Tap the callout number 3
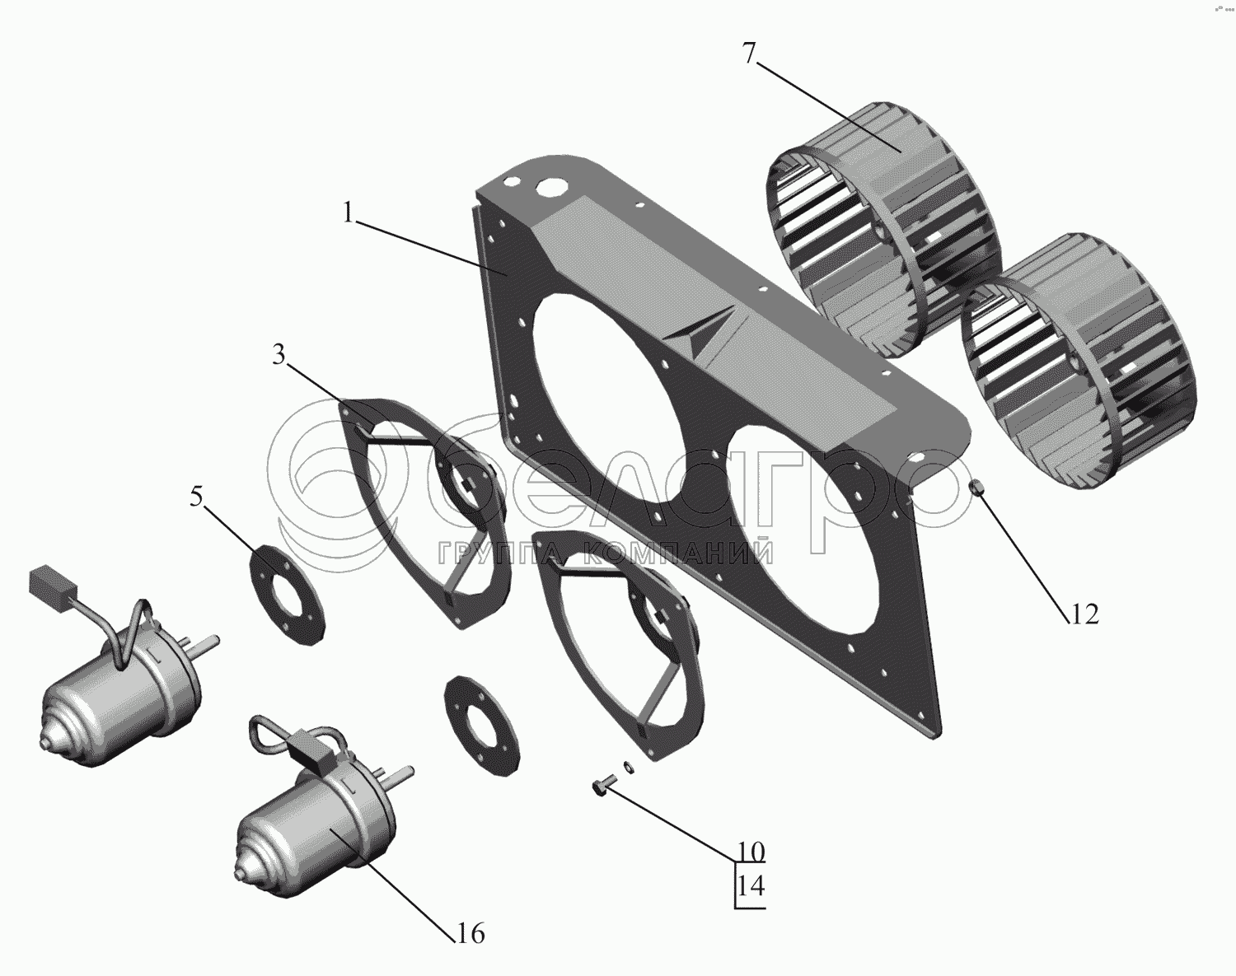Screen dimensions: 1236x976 click(279, 357)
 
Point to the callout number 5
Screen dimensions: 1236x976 click(197, 498)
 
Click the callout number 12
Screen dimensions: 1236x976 click(1084, 614)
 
